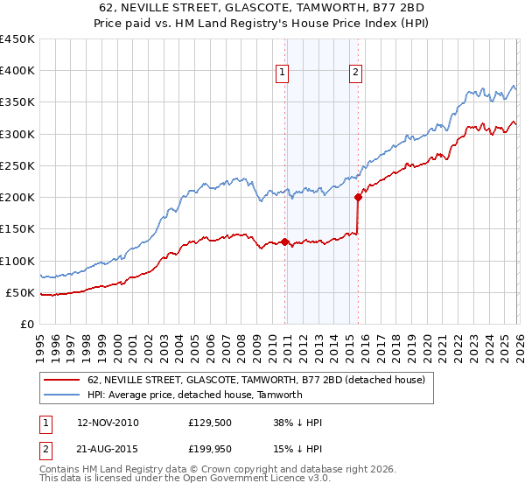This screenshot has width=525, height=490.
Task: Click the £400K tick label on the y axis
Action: pyautogui.click(x=17, y=71)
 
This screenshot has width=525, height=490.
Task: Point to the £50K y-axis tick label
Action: pyautogui.click(x=19, y=292)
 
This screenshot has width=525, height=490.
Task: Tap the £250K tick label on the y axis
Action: pyautogui.click(x=17, y=165)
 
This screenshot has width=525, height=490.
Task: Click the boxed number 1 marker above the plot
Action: pyautogui.click(x=284, y=73)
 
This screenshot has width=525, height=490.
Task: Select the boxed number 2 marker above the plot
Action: pyautogui.click(x=356, y=73)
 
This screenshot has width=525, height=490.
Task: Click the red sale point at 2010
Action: pyautogui.click(x=285, y=241)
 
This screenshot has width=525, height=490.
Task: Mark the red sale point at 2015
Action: pyautogui.click(x=358, y=198)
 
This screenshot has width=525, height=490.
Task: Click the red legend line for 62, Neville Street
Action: pyautogui.click(x=62, y=380)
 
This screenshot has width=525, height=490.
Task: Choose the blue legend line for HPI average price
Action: pyautogui.click(x=62, y=395)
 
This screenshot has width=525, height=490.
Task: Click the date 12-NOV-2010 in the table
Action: pyautogui.click(x=108, y=423)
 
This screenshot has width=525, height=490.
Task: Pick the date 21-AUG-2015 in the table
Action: pyautogui.click(x=108, y=449)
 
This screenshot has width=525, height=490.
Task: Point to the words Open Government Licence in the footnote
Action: pyautogui.click(x=251, y=479)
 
